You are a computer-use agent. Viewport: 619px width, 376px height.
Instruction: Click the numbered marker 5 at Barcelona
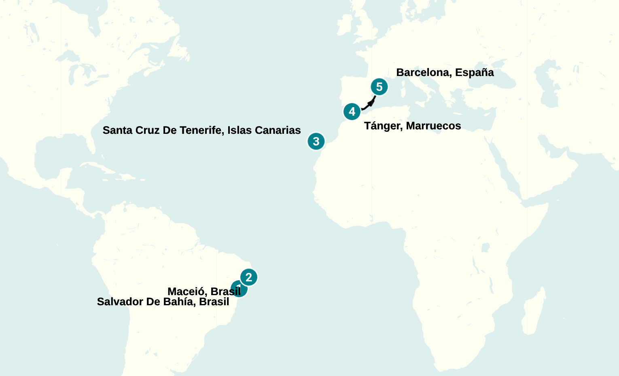(379, 87)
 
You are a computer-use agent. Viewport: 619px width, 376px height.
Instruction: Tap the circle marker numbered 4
(352, 112)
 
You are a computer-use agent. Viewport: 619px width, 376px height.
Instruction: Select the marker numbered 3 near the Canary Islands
(316, 142)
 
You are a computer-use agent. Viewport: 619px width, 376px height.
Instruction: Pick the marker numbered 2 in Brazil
(249, 277)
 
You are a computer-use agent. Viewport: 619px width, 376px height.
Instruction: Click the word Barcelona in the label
(424, 73)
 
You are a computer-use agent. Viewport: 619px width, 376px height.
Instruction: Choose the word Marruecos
(433, 126)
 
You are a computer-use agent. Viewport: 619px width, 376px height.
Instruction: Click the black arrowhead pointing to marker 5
(371, 103)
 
